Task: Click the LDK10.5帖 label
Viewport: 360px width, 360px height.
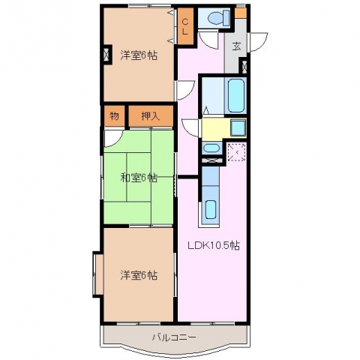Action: tap(214, 245)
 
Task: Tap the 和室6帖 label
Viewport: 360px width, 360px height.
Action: tap(139, 178)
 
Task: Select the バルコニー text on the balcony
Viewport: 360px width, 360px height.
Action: tap(174, 337)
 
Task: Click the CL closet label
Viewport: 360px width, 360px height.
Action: tap(185, 27)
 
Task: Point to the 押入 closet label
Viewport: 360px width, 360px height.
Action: tap(151, 116)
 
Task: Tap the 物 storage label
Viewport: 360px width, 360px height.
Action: tap(114, 116)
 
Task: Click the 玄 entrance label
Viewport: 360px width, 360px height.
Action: tap(236, 46)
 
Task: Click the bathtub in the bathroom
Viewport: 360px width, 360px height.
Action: tap(235, 95)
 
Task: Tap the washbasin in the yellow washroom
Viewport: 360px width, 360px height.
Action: tap(238, 127)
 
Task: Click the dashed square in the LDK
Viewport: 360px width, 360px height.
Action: tap(236, 152)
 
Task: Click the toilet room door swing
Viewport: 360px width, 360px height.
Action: tap(208, 40)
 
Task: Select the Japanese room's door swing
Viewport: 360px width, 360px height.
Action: tap(112, 137)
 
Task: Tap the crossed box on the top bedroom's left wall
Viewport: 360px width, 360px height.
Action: tap(106, 54)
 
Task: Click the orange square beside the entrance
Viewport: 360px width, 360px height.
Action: tap(241, 13)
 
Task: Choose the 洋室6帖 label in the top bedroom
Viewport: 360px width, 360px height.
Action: tap(139, 55)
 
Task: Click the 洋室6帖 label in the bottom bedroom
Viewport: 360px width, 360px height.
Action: tap(139, 275)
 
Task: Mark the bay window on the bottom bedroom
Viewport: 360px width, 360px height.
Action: tap(98, 274)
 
